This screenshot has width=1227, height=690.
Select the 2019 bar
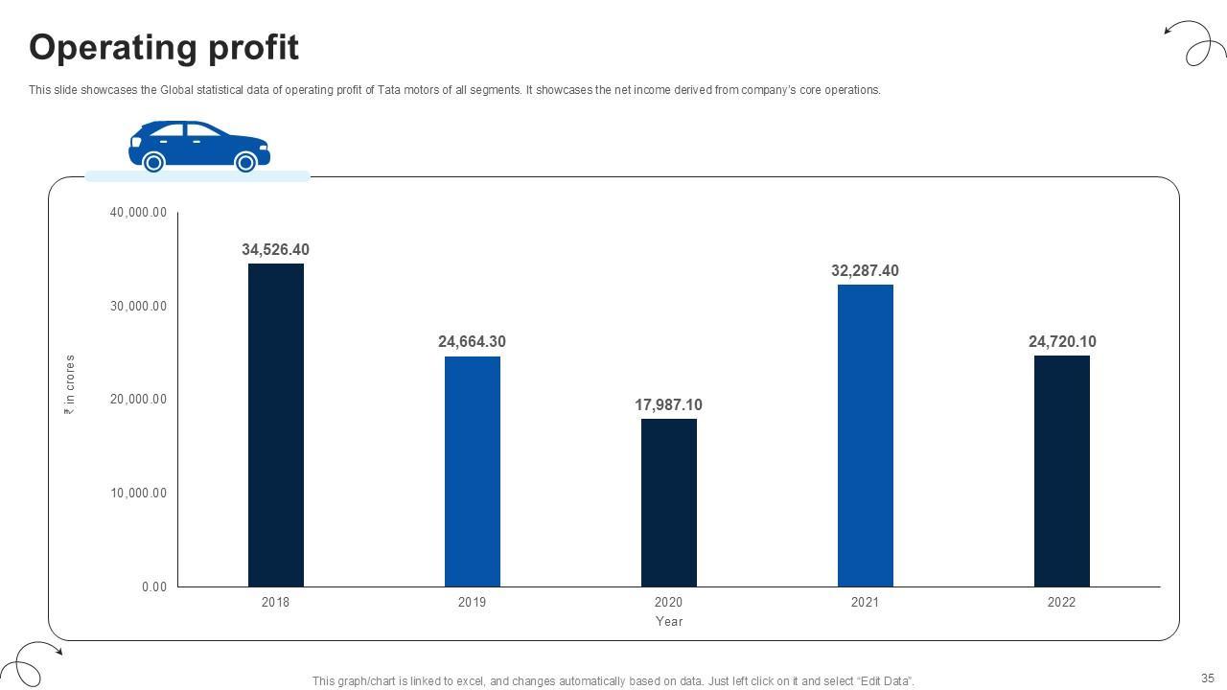coord(473,471)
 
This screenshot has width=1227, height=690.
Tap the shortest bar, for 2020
coord(669,502)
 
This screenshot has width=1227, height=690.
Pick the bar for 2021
coord(866,435)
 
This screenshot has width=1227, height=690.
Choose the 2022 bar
coord(1062,471)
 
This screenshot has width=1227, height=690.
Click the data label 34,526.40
coord(275,250)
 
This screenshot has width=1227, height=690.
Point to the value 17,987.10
coord(668,405)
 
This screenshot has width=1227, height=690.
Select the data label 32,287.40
coord(865,271)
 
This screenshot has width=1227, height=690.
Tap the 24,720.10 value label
coord(1062,342)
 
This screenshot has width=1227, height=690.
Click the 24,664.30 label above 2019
coord(472,342)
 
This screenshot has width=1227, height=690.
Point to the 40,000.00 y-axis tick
coord(138,213)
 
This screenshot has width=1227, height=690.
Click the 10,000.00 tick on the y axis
coord(138,494)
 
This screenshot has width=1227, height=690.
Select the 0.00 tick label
coord(153,586)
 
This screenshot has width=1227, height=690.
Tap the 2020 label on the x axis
coord(668,603)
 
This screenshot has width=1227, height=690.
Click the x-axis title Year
coord(669,621)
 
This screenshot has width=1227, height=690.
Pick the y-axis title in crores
coord(70,384)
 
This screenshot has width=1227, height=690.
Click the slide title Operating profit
coord(164,47)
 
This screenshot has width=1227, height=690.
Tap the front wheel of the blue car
coord(245,162)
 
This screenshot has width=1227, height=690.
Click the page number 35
coord(1207,678)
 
